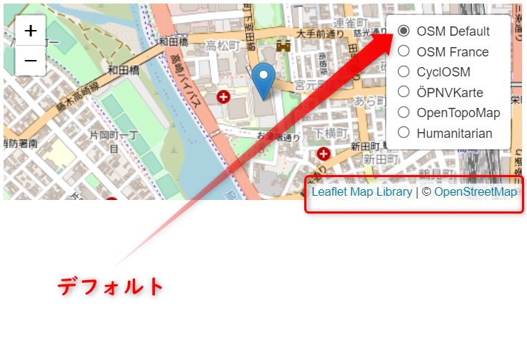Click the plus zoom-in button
(31, 31)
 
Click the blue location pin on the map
(264, 81)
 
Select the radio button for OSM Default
(403, 31)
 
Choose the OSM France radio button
(403, 51)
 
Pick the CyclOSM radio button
(403, 71)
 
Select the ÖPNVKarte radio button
(403, 91)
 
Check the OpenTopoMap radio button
(403, 112)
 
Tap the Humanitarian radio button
(403, 132)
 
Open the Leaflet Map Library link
(361, 191)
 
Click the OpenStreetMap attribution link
(476, 191)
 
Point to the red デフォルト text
(111, 286)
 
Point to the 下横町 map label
(330, 134)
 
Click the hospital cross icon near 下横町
(324, 154)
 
